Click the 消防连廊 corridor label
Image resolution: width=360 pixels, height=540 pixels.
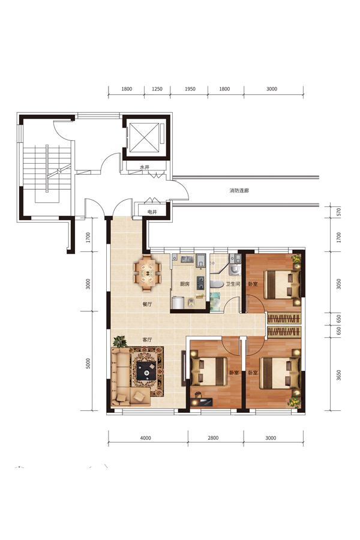[239, 190]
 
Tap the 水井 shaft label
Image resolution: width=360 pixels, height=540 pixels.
[145, 167]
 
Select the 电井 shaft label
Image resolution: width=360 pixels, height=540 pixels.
[152, 212]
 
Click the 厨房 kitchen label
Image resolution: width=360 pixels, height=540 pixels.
[185, 284]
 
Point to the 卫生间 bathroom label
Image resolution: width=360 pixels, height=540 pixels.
[233, 284]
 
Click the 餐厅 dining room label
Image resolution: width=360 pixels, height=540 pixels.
[147, 304]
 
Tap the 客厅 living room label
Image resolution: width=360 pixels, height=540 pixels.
[147, 340]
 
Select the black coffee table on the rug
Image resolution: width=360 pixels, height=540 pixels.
[146, 371]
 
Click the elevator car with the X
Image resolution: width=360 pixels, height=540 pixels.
[144, 137]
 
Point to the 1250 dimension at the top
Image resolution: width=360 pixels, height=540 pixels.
[157, 89]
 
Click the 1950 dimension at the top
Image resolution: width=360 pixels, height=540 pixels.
[190, 89]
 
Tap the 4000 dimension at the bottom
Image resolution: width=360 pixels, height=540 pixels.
[146, 438]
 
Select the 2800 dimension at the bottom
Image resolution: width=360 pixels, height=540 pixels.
[213, 438]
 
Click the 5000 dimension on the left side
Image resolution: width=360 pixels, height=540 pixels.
[88, 364]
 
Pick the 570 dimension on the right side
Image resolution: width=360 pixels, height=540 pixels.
[338, 212]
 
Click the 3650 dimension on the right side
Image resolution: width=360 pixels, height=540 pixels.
[338, 375]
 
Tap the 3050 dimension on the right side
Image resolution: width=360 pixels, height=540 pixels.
[338, 284]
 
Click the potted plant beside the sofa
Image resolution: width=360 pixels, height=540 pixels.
[119, 341]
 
